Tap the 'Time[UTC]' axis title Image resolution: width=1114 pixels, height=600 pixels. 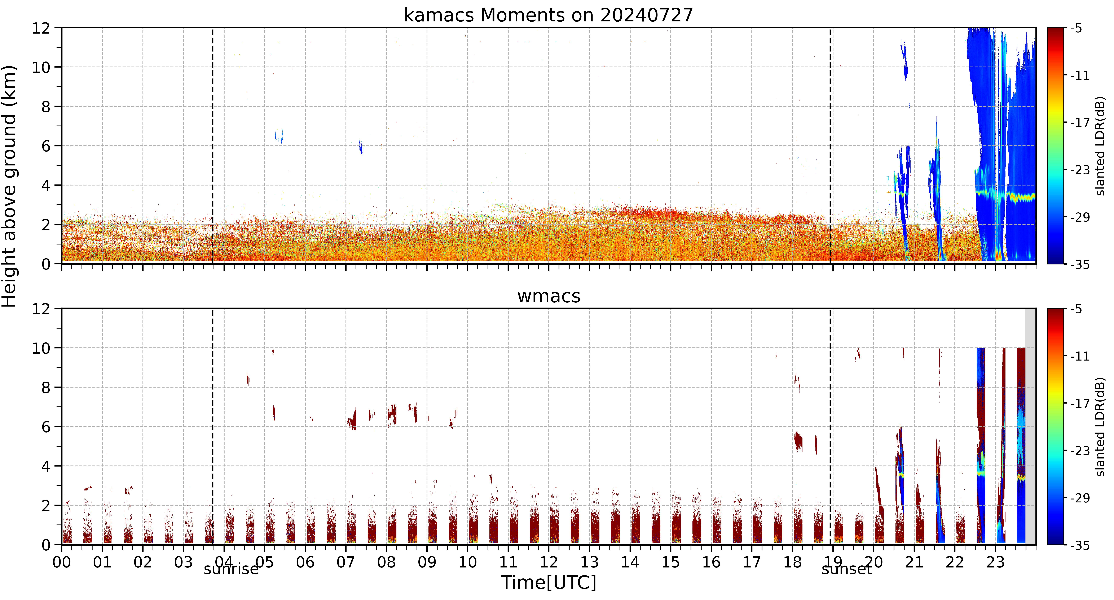pyautogui.click(x=548, y=582)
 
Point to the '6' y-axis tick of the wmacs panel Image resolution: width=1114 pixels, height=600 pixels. pyautogui.click(x=46, y=427)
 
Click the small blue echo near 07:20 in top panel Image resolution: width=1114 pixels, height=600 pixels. pyautogui.click(x=361, y=147)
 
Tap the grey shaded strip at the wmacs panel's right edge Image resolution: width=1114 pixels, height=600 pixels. pyautogui.click(x=1031, y=426)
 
